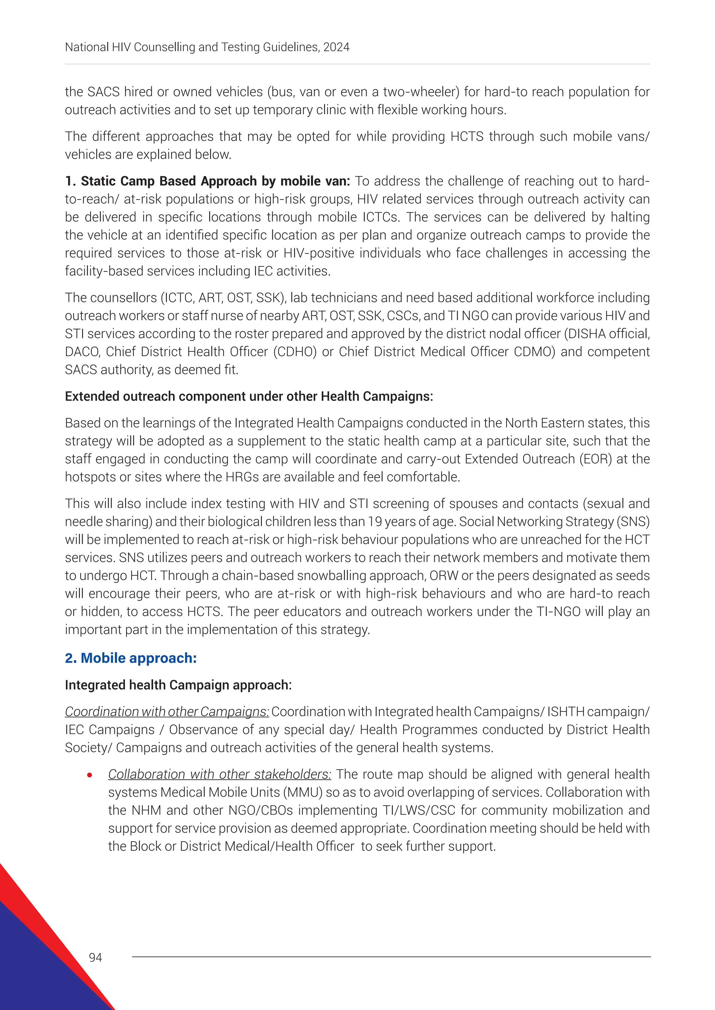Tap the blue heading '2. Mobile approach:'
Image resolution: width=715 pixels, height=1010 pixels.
click(131, 658)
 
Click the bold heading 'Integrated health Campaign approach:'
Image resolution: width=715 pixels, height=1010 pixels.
click(178, 685)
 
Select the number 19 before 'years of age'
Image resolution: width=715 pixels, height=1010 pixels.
click(375, 521)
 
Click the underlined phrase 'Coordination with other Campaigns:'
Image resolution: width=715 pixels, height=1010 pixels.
click(167, 712)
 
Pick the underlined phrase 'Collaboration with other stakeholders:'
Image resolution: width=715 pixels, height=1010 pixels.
click(219, 774)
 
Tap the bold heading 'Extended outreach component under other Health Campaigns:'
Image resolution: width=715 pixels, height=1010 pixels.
click(249, 396)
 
